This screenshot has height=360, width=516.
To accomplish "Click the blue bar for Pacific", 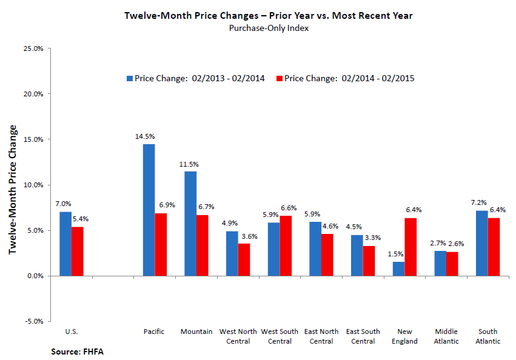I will tap(149, 210).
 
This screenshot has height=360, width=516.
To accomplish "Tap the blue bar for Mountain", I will tap(190, 224).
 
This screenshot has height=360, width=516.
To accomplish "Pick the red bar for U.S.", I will tap(78, 251).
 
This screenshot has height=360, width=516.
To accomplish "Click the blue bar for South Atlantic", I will tap(482, 243).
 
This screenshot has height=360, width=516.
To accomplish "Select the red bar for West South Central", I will tap(286, 245).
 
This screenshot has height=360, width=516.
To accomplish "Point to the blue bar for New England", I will tap(399, 268).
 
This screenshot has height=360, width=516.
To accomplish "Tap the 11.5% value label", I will tap(189, 165).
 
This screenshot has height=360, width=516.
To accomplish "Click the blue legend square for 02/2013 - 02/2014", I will tap(130, 78).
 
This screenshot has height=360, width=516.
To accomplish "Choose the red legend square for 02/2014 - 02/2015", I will tap(280, 78).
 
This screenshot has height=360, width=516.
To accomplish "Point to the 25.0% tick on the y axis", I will tap(33, 48).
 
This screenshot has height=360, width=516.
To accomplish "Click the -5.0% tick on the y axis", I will tap(33, 321).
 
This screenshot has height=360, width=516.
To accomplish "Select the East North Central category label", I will tap(321, 336).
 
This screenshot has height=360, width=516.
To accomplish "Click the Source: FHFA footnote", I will tap(74, 351).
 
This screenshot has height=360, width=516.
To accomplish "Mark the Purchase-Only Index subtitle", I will tap(261, 28).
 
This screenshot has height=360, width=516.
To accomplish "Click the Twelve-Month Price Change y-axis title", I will tap(12, 190).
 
